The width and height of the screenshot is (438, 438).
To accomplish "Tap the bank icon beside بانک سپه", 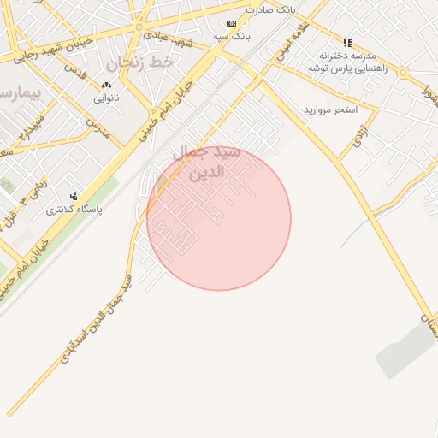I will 231,23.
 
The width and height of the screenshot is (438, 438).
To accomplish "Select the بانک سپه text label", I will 232,37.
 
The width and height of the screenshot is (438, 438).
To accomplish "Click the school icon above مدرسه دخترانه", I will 347,42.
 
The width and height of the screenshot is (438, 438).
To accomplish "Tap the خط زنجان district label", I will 140,62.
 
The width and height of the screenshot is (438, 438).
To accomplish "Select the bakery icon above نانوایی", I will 106,85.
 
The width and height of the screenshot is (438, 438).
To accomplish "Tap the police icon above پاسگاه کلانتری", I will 74,196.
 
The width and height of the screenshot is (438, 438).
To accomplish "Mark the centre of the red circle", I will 219,218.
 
